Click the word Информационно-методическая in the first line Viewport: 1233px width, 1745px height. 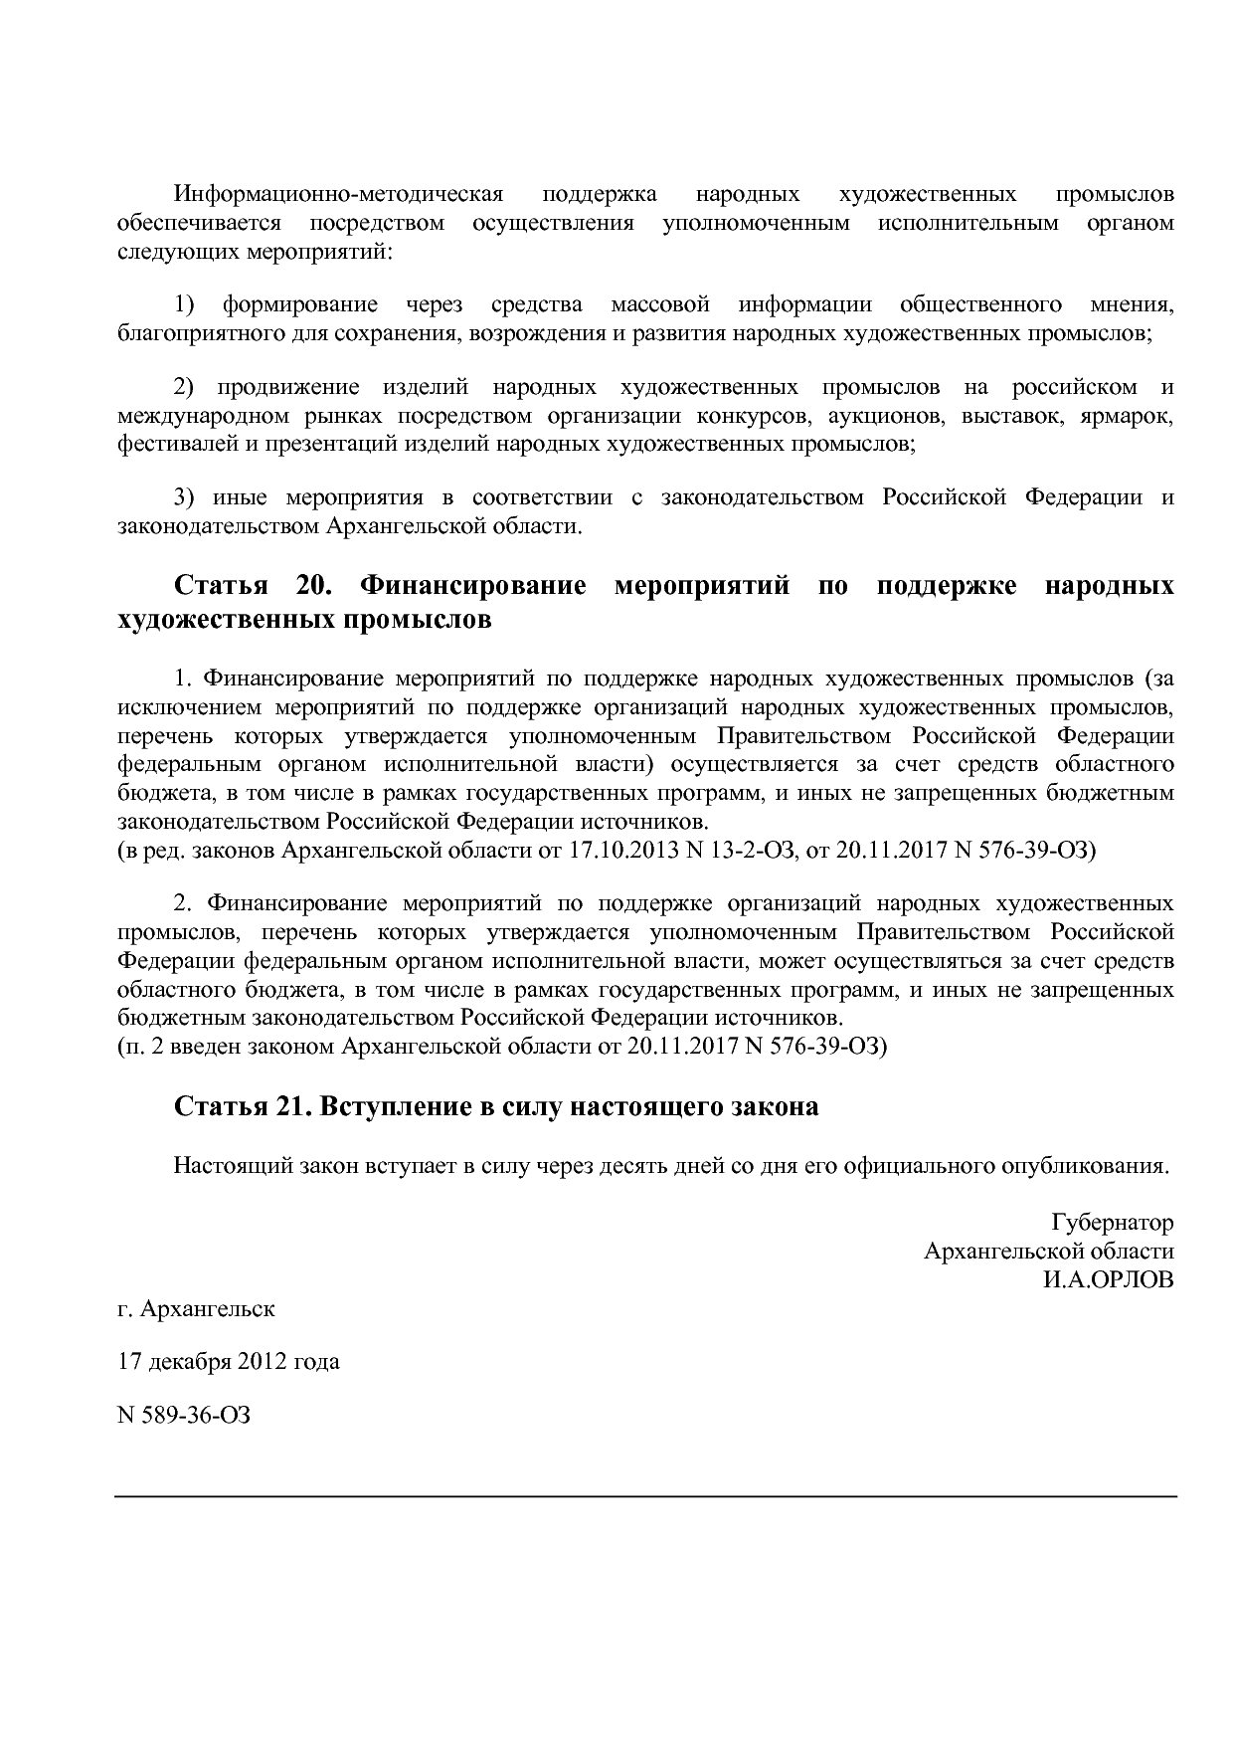click(339, 193)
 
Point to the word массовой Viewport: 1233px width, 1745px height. click(660, 303)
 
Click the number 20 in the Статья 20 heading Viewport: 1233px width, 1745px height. click(312, 585)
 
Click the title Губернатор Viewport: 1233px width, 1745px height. click(1112, 1222)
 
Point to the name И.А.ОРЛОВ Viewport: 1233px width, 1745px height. click(1108, 1279)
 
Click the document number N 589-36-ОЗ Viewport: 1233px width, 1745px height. click(184, 1414)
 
